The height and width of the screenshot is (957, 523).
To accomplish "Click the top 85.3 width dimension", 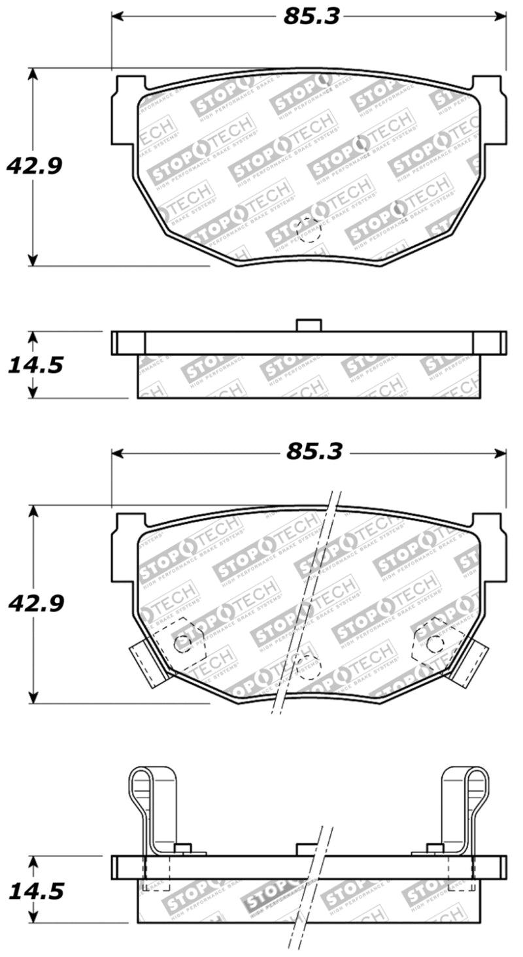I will (311, 16).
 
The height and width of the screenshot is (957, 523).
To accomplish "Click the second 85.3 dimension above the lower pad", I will (314, 452).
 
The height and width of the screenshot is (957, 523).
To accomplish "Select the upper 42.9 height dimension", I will (34, 166).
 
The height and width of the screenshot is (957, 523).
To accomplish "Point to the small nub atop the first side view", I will (309, 325).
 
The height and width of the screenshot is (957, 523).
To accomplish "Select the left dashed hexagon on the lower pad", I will (181, 643).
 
